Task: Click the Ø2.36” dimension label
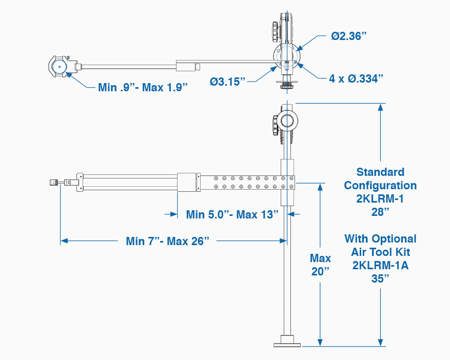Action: [348, 36]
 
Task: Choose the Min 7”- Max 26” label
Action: [168, 241]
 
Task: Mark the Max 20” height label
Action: [321, 264]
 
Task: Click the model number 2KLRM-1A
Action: [380, 265]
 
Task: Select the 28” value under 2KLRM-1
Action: [380, 212]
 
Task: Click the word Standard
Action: [380, 172]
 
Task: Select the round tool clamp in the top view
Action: [59, 67]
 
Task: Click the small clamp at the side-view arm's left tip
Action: [54, 182]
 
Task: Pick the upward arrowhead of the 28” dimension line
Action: [381, 107]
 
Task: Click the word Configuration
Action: [380, 185]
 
